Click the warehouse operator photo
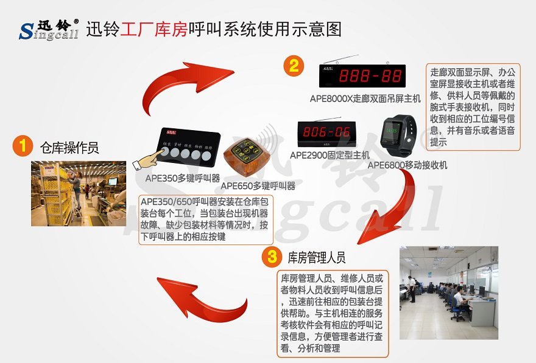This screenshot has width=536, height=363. [x=75, y=193]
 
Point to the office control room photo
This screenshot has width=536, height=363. [x=448, y=292]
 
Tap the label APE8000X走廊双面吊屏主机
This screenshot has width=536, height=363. [x=365, y=99]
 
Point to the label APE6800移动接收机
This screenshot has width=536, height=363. [x=407, y=165]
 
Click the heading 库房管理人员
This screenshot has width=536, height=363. [x=317, y=257]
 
